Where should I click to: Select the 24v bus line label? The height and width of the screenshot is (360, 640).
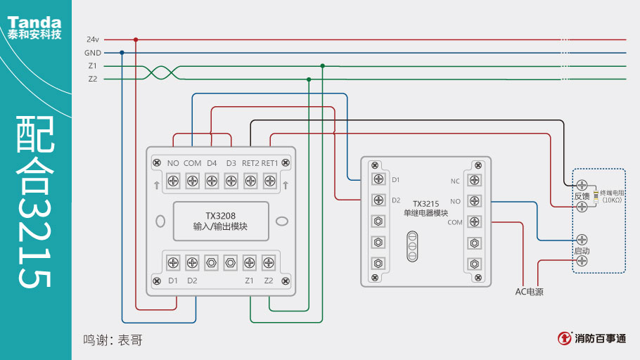(93, 39)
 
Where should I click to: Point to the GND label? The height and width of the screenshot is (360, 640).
(93, 53)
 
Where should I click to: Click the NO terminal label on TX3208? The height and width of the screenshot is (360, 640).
(172, 163)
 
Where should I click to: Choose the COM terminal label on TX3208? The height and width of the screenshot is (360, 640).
(192, 163)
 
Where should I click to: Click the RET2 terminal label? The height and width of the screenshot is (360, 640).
(250, 163)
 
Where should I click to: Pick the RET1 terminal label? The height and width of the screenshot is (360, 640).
(270, 163)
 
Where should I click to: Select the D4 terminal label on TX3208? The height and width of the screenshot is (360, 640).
(212, 163)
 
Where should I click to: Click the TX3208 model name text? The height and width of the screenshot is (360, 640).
(220, 215)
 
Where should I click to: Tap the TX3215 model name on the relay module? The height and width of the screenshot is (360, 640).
(425, 204)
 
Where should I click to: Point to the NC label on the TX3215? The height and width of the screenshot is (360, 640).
(455, 181)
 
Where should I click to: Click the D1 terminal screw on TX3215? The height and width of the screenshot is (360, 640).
(379, 179)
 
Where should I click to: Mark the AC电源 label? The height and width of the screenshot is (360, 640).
(529, 292)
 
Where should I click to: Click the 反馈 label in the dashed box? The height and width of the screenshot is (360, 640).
(582, 196)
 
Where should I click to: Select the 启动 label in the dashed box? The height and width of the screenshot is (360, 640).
(582, 250)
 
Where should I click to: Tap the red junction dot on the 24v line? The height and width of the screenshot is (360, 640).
(136, 39)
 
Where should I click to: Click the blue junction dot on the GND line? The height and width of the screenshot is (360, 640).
(122, 53)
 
